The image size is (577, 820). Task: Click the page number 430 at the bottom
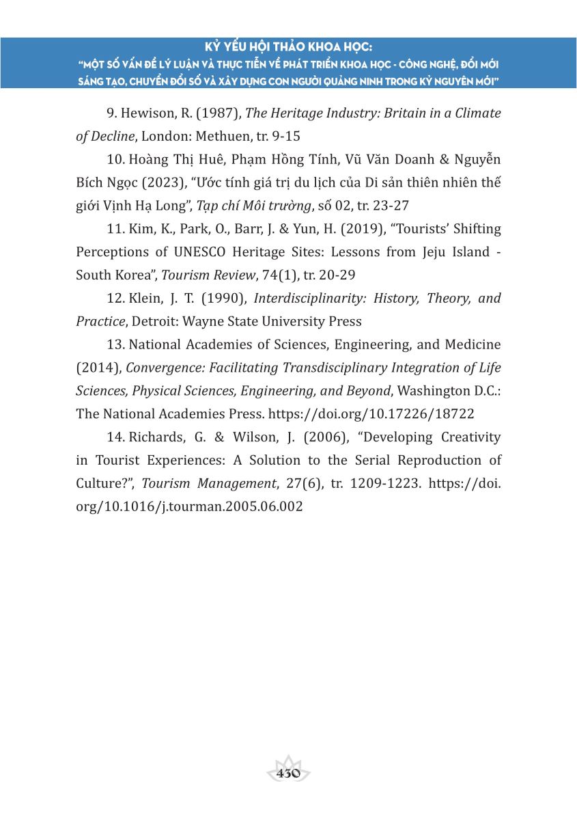[x=288, y=774]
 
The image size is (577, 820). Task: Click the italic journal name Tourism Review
[x=203, y=275]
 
